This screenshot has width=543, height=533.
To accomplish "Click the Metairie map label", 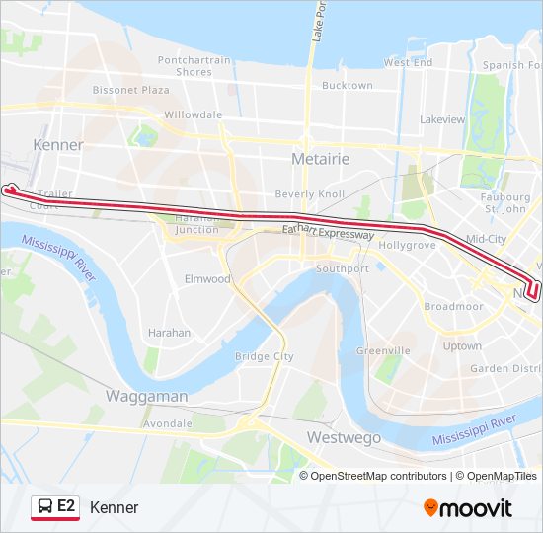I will click(x=321, y=159).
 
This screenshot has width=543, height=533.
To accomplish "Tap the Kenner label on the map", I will click(x=58, y=145).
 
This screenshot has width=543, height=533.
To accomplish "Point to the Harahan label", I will click(x=169, y=333).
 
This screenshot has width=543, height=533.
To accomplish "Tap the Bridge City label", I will click(x=265, y=356).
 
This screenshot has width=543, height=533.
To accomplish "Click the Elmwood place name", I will click(x=207, y=279).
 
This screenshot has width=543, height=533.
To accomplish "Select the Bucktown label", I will click(x=348, y=86).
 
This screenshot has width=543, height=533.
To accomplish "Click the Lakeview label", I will click(x=442, y=119).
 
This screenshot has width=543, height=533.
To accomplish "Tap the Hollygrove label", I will click(x=408, y=244).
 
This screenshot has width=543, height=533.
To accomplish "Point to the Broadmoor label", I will click(x=454, y=306).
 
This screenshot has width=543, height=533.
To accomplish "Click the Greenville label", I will click(x=383, y=350).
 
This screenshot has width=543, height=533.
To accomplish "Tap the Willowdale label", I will click(x=194, y=114).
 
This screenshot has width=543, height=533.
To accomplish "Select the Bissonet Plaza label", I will click(x=131, y=90).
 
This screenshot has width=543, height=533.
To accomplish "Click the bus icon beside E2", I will click(x=45, y=507).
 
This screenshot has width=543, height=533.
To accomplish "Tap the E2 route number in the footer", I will click(x=66, y=506).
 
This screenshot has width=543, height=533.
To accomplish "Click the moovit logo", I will click(x=468, y=508).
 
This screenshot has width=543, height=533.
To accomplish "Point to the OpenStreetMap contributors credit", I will click(x=378, y=476).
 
